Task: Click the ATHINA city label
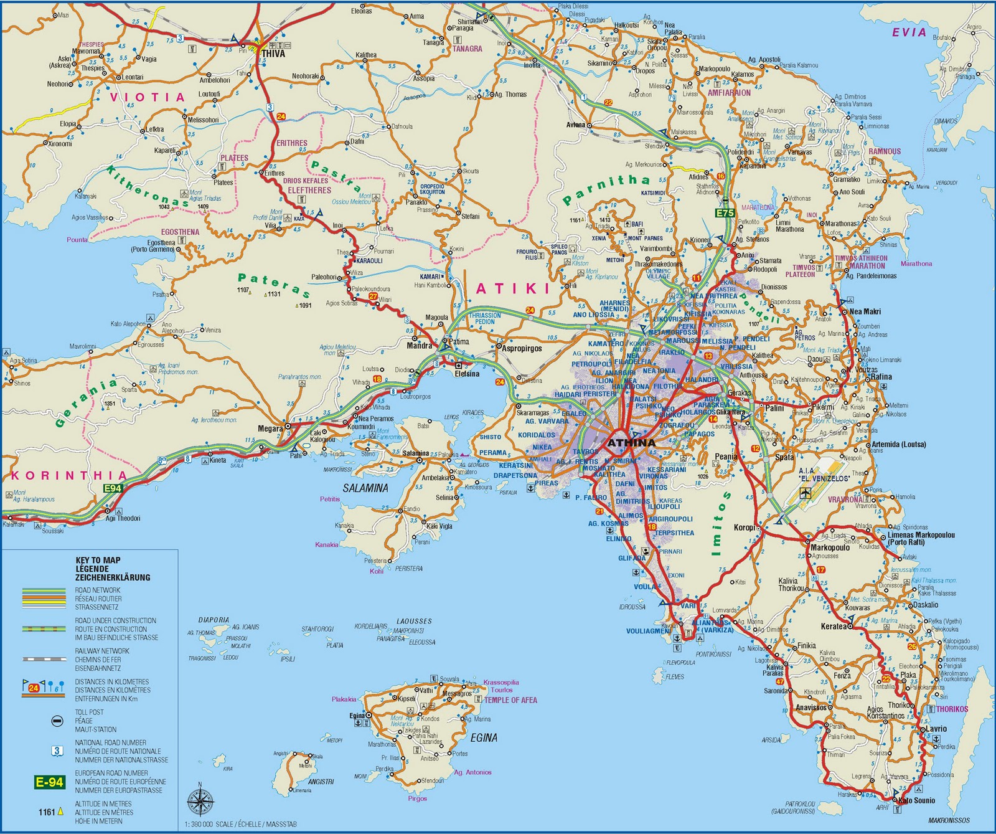(x=631, y=443)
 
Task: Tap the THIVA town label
(x=273, y=54)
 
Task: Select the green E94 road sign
(x=113, y=488)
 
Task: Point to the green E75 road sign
(x=725, y=213)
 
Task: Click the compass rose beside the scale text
(x=200, y=801)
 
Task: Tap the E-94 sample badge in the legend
(x=49, y=782)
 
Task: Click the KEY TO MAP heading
(x=98, y=560)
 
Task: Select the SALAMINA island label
(x=366, y=488)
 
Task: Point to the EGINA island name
(x=484, y=738)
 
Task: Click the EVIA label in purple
(x=909, y=32)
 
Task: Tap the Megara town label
(x=271, y=429)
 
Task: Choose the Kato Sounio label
(x=916, y=800)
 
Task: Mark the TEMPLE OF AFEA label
(x=510, y=700)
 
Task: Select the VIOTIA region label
(x=148, y=97)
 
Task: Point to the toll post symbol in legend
(x=57, y=721)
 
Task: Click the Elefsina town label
(x=467, y=374)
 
